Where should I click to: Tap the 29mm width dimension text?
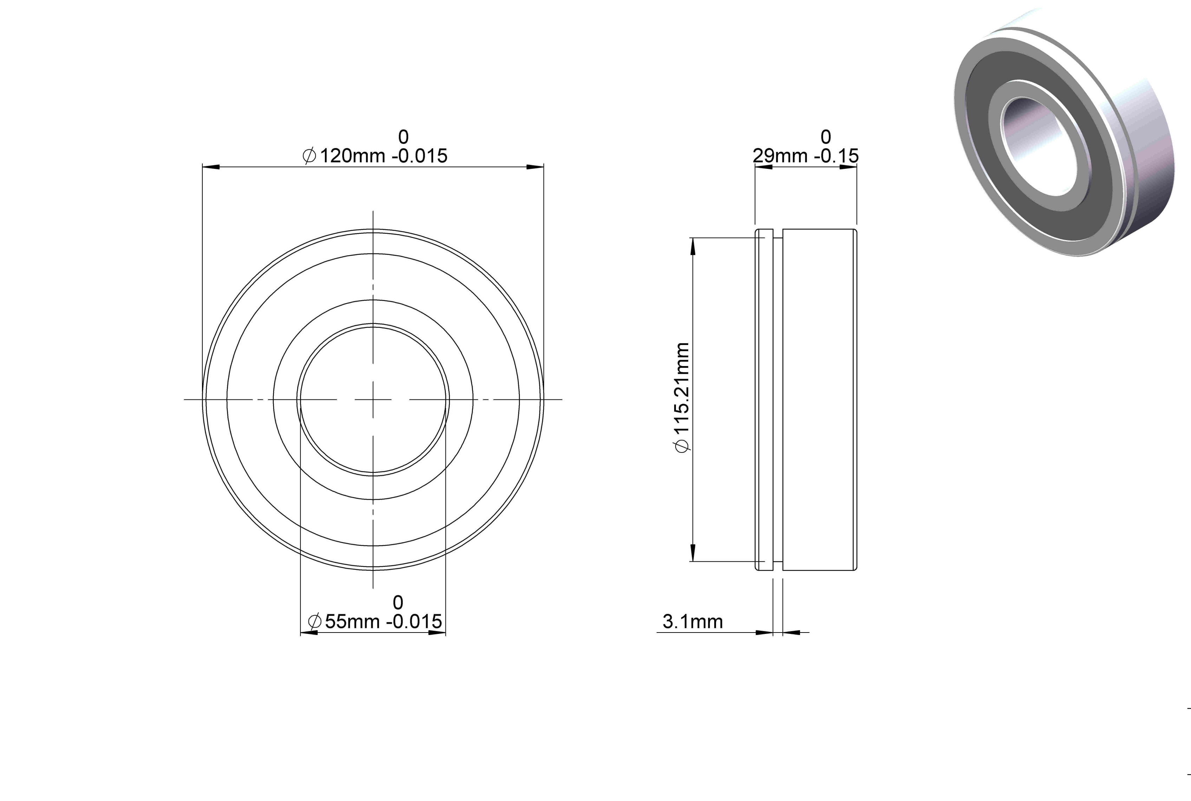(806, 155)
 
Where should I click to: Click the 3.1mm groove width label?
(692, 622)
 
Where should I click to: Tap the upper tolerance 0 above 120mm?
(403, 137)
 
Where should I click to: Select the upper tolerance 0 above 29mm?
(826, 137)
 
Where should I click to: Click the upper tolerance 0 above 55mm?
(398, 603)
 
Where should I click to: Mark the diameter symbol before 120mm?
(309, 155)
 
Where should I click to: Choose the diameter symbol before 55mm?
(315, 621)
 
